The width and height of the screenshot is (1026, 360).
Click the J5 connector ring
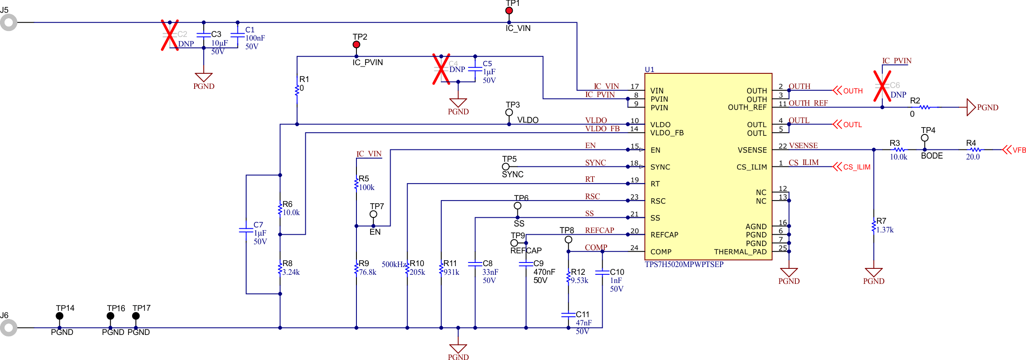click(8, 22)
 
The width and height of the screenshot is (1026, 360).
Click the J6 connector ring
click(8, 328)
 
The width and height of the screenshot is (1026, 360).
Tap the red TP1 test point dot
click(509, 10)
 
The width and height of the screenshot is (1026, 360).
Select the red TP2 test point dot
click(356, 45)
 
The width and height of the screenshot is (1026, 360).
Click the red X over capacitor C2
click(170, 35)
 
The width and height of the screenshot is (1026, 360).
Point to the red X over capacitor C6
click(882, 86)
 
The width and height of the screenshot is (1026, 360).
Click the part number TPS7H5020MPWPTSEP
click(684, 264)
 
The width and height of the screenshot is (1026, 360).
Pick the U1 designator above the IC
click(650, 69)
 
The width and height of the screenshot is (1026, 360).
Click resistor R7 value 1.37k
click(885, 230)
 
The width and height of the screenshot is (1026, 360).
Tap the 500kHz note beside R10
click(394, 264)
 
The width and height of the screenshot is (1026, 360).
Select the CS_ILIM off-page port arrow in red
click(837, 167)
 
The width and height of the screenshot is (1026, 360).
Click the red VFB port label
click(1020, 150)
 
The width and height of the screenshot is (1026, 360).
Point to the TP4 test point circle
click(924, 138)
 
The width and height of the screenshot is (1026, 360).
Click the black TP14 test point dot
click(60, 316)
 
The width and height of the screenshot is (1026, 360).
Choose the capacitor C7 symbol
click(246, 231)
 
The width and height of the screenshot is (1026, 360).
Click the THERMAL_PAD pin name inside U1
click(740, 252)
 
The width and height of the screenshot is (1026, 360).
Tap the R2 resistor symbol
click(924, 108)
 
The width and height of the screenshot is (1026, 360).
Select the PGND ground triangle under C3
click(204, 77)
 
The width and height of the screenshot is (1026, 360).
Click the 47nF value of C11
click(583, 323)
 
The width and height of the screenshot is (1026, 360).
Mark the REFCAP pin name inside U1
click(664, 235)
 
